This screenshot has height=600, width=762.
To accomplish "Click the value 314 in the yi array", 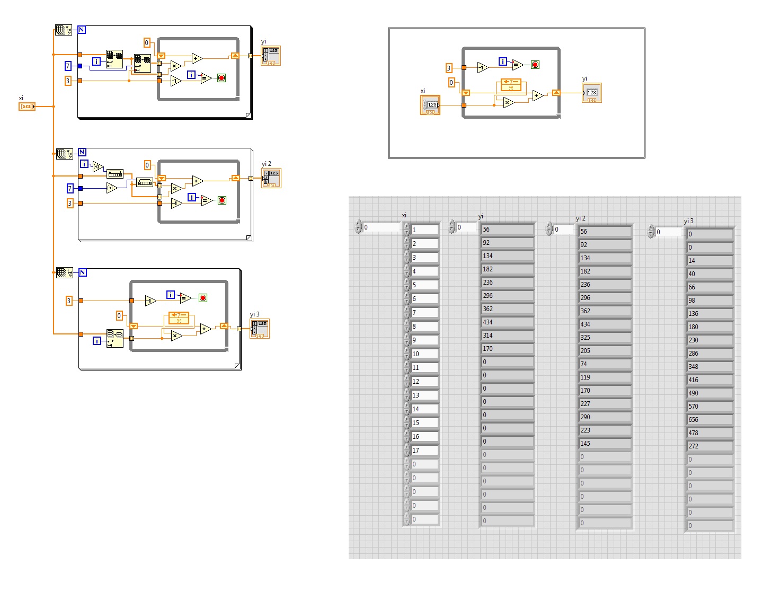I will point(506,336).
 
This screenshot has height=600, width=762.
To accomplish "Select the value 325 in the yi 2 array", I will point(604,338).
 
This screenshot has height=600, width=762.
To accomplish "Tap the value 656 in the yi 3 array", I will point(709,420).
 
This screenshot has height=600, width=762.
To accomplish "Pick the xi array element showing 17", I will point(424,451).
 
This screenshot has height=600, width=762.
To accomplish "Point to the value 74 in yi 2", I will point(604,364).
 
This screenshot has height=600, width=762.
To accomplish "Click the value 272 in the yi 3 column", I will point(709,446).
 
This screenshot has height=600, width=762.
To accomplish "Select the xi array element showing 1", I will point(424,230).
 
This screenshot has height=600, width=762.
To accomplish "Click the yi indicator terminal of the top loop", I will point(271,56).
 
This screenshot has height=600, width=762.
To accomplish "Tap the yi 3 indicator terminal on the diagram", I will point(260,329).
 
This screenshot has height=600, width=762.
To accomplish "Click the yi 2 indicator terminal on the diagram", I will point(271,178).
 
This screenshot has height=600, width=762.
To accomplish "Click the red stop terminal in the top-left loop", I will point(221,78).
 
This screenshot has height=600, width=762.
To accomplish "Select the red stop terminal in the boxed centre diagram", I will point(535,65).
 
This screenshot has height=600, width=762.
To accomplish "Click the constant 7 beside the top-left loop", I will point(68,66).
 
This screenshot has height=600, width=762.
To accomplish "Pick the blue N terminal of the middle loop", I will point(82,152).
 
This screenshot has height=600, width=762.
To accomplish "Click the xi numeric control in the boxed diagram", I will point(430,105).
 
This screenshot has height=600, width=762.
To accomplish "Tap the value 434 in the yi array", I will point(506,322).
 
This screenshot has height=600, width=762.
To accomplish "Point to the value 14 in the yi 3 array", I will point(709,261).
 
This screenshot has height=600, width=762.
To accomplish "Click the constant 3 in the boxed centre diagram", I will point(449,68).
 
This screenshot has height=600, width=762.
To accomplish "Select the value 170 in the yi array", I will point(506,349).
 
